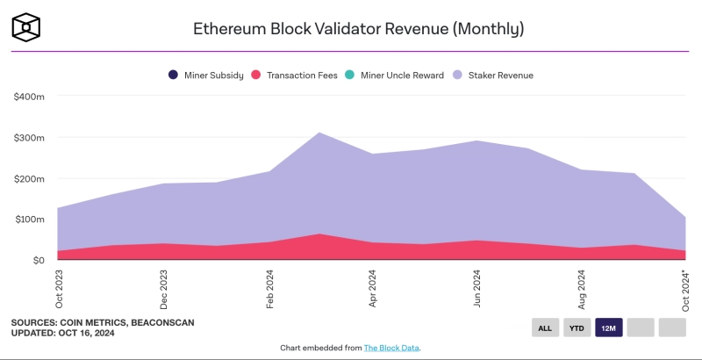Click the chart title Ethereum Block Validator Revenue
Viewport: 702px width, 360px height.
pyautogui.click(x=358, y=28)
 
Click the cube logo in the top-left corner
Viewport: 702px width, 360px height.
pyautogui.click(x=26, y=26)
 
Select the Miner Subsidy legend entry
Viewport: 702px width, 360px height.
pyautogui.click(x=206, y=76)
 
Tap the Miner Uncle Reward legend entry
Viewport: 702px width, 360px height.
pyautogui.click(x=399, y=76)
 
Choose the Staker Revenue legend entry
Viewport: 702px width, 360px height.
pyautogui.click(x=493, y=76)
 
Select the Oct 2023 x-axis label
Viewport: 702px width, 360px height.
pyautogui.click(x=59, y=289)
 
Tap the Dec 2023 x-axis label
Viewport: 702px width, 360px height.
pyautogui.click(x=163, y=289)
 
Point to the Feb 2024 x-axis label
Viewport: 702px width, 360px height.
pyautogui.click(x=269, y=289)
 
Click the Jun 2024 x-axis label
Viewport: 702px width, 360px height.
pyautogui.click(x=477, y=289)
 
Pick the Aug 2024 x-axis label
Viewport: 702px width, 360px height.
pyautogui.click(x=582, y=289)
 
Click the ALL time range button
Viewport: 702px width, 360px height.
pyautogui.click(x=545, y=328)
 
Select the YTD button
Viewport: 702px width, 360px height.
pyautogui.click(x=577, y=328)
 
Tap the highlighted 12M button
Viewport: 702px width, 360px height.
pyautogui.click(x=608, y=328)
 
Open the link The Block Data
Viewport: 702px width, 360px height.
pyautogui.click(x=392, y=349)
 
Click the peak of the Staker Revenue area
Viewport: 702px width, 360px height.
pyautogui.click(x=320, y=133)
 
